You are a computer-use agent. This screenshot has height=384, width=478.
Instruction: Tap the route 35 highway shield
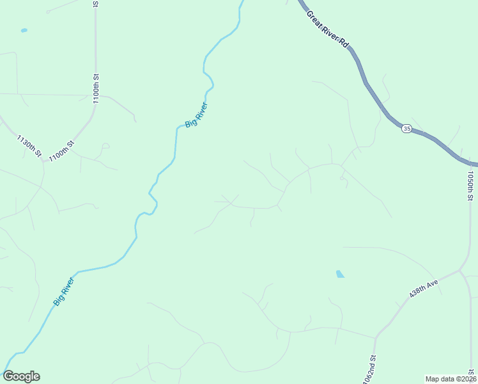pos(406,129)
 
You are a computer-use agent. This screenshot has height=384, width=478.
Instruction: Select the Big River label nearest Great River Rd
pos(196,115)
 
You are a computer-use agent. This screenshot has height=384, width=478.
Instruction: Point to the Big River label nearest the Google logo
pos(64,291)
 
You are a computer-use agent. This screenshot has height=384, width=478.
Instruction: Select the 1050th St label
pos(470,186)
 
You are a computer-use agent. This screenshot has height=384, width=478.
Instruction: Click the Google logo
pos(21,376)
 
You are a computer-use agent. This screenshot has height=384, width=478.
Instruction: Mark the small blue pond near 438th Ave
pos(339,274)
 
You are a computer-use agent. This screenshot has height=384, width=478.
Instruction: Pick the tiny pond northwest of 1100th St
pos(24,30)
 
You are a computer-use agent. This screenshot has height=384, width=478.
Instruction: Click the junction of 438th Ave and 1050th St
pos(460,271)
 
